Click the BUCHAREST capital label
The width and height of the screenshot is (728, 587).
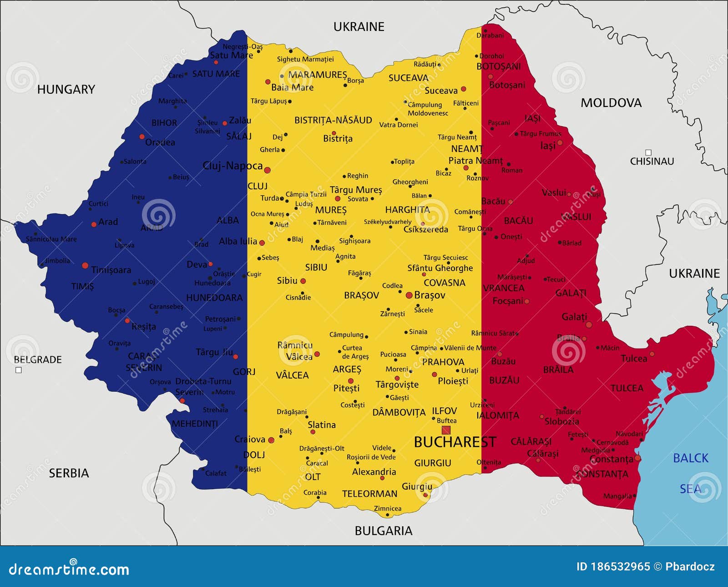(455, 442)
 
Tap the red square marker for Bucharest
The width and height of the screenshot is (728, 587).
(446, 430)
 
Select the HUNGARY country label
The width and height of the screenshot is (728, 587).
(66, 90)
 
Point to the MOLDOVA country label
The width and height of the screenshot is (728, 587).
(611, 103)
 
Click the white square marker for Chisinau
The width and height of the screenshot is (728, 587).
(648, 152)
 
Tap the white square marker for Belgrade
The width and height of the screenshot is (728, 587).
(19, 370)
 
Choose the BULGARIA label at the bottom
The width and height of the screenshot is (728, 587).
(383, 531)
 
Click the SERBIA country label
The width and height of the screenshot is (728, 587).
(69, 473)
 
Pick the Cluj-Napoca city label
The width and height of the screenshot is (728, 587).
(233, 166)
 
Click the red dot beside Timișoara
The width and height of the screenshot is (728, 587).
(85, 265)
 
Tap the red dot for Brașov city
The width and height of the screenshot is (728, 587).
(409, 295)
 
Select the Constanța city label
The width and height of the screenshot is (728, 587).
(611, 459)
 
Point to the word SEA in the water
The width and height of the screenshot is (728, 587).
(690, 489)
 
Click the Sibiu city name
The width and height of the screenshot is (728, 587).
(287, 281)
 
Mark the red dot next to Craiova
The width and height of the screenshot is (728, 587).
(271, 440)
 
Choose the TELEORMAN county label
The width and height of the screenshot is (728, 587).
(369, 494)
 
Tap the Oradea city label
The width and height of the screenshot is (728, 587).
(160, 142)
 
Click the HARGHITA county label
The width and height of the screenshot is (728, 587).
(407, 210)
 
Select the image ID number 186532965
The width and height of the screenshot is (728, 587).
(620, 567)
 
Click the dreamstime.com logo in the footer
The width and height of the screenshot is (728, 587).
(69, 569)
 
